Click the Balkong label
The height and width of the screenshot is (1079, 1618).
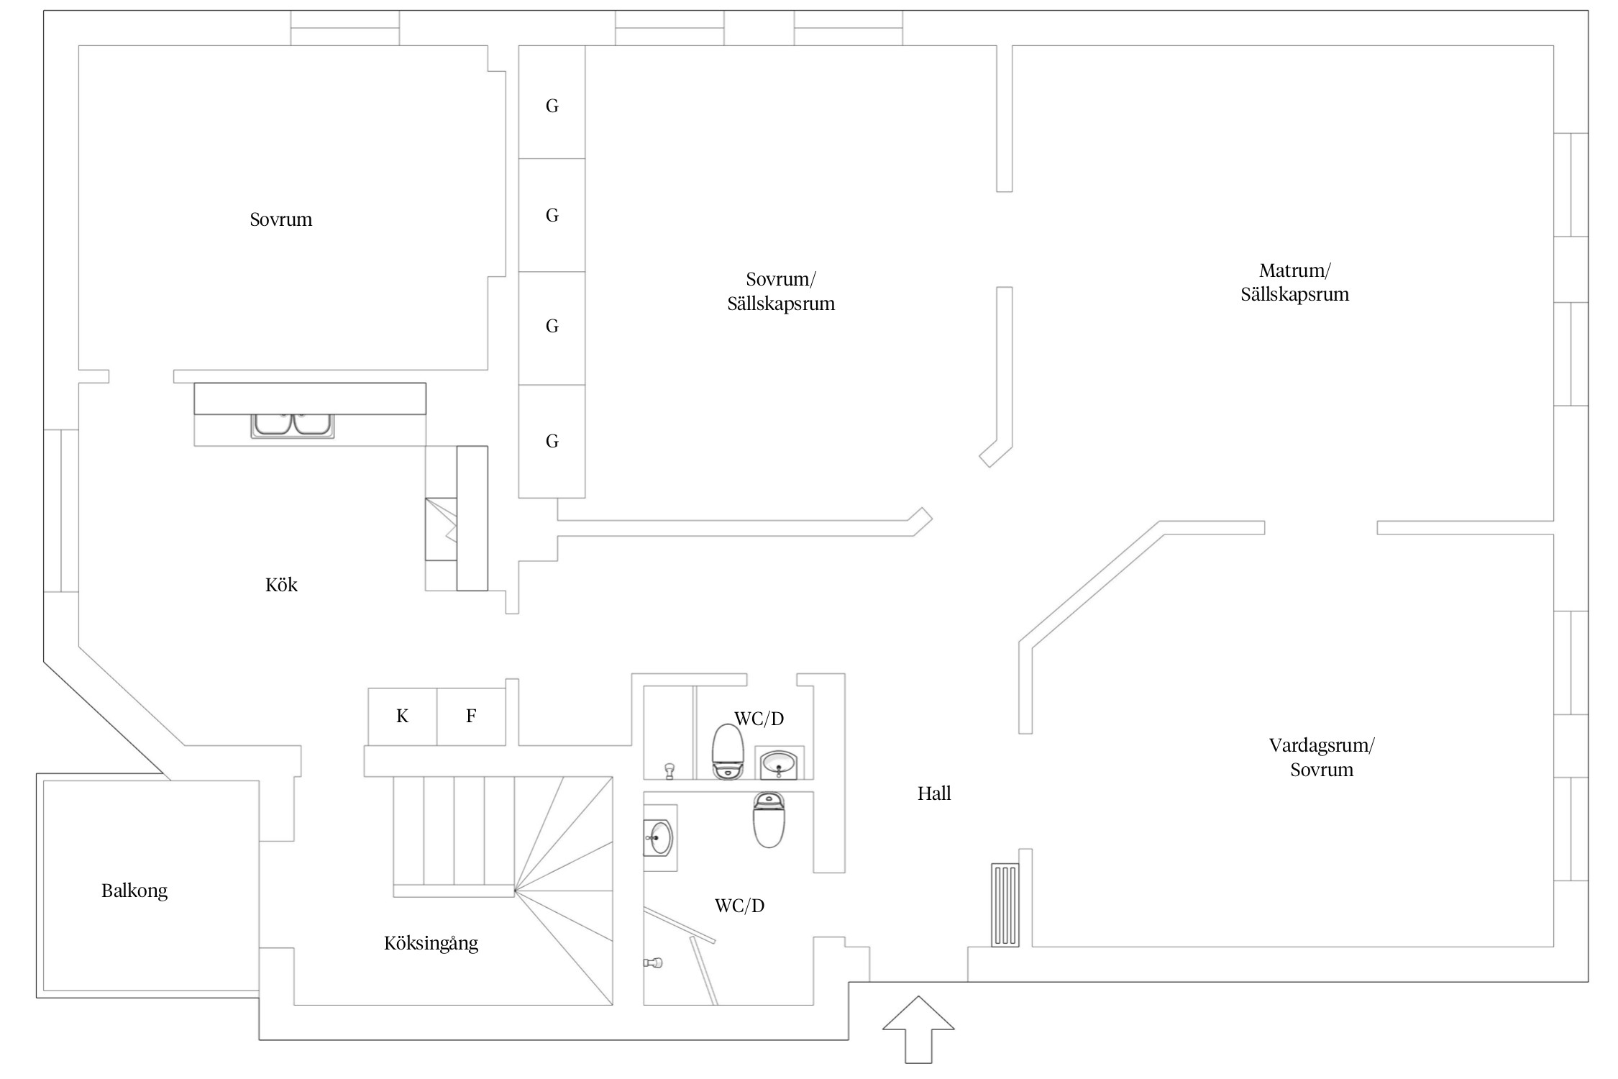click(134, 891)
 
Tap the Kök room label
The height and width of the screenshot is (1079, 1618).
click(281, 585)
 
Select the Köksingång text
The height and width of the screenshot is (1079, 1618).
click(431, 943)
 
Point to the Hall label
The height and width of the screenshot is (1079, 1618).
click(934, 793)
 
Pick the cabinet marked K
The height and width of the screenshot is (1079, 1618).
click(402, 716)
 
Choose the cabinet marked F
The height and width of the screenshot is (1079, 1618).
click(471, 716)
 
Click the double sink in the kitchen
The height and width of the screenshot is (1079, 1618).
click(293, 424)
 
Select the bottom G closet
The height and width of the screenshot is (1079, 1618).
click(552, 441)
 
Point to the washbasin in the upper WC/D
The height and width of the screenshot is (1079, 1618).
click(779, 762)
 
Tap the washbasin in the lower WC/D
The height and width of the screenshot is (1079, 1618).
click(659, 837)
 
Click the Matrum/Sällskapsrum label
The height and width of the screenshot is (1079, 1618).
click(1294, 283)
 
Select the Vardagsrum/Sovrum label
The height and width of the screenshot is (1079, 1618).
click(1321, 757)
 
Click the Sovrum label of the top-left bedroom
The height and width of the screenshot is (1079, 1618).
click(281, 219)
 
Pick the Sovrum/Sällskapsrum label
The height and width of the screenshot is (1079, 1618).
click(781, 291)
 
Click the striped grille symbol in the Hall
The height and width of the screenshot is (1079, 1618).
click(1005, 904)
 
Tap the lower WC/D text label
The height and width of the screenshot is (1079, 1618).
click(739, 906)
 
